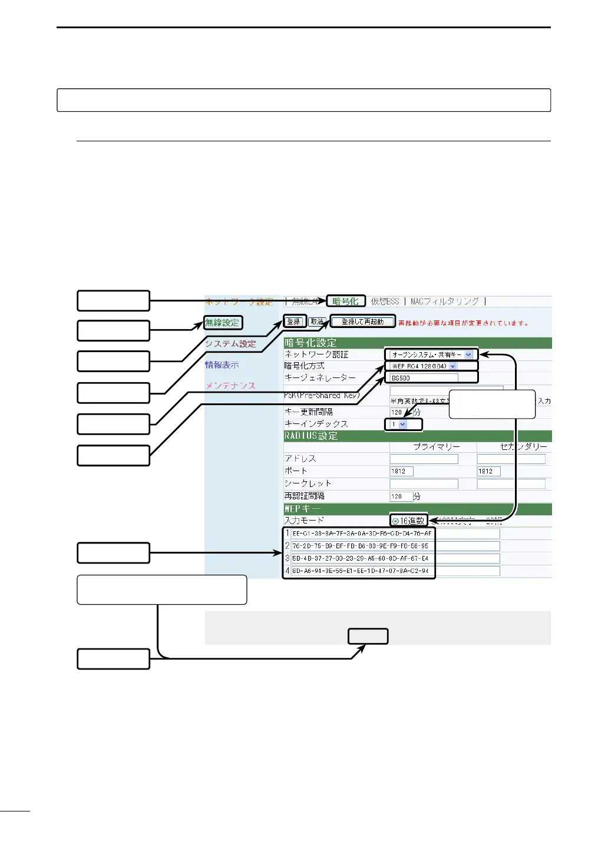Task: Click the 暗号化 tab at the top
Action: (345, 302)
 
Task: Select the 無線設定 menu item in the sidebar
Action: (223, 323)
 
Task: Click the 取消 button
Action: (317, 322)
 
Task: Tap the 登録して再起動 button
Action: (362, 322)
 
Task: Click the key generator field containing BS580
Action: (424, 378)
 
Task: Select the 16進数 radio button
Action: (395, 521)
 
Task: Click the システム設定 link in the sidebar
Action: (230, 344)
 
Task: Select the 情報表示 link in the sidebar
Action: (222, 365)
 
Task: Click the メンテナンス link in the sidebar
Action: (230, 386)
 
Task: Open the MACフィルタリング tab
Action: (444, 302)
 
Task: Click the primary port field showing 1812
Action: (401, 471)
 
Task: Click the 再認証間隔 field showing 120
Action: (401, 496)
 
